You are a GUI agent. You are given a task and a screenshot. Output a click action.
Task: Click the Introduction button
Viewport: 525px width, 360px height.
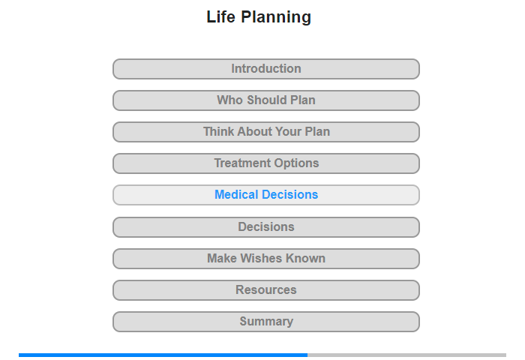[x=265, y=69]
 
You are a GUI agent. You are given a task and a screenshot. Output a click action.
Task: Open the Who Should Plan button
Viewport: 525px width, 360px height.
[x=265, y=100]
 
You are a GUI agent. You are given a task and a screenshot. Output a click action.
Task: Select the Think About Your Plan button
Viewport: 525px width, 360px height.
[x=265, y=132]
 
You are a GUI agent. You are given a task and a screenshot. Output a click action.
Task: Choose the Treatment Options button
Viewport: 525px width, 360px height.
[x=265, y=163]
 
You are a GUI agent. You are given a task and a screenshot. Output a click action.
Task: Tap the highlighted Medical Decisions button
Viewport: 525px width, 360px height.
[x=265, y=195]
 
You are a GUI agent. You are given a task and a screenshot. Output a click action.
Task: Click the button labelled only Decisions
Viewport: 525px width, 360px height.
[x=265, y=227]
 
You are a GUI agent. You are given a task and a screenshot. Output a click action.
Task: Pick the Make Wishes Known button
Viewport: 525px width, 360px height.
[x=265, y=259]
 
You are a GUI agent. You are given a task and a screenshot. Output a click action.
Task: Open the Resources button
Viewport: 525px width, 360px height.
[x=265, y=290]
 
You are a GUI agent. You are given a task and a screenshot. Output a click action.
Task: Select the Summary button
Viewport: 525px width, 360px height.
[x=265, y=322]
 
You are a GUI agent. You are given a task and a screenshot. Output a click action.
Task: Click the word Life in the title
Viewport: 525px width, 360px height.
[x=220, y=16]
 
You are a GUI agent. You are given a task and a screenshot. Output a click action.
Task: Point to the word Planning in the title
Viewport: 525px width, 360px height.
[x=276, y=17]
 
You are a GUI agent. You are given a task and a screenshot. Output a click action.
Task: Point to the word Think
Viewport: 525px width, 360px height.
[x=218, y=131]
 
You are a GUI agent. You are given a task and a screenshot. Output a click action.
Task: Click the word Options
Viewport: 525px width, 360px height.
[x=296, y=163]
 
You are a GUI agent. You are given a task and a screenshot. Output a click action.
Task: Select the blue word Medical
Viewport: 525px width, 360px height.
[x=236, y=194]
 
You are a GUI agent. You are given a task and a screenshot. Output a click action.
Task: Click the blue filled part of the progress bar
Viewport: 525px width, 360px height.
[x=163, y=355]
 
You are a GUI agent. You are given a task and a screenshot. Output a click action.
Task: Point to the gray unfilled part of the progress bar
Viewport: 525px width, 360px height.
[x=406, y=355]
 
